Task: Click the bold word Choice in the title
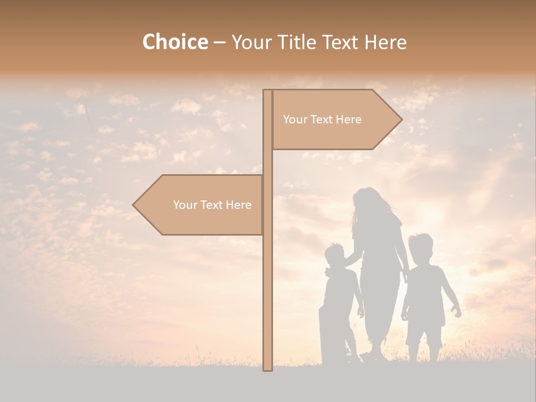click(175, 42)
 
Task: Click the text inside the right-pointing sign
click(322, 119)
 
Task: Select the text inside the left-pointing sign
click(212, 205)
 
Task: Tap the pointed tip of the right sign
click(401, 119)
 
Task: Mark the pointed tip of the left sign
click(134, 205)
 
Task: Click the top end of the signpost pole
click(267, 92)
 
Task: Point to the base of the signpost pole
click(268, 368)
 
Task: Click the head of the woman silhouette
click(367, 201)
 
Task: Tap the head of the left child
click(335, 256)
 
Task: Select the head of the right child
click(420, 246)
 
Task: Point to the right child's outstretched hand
click(458, 314)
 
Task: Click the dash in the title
click(219, 43)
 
